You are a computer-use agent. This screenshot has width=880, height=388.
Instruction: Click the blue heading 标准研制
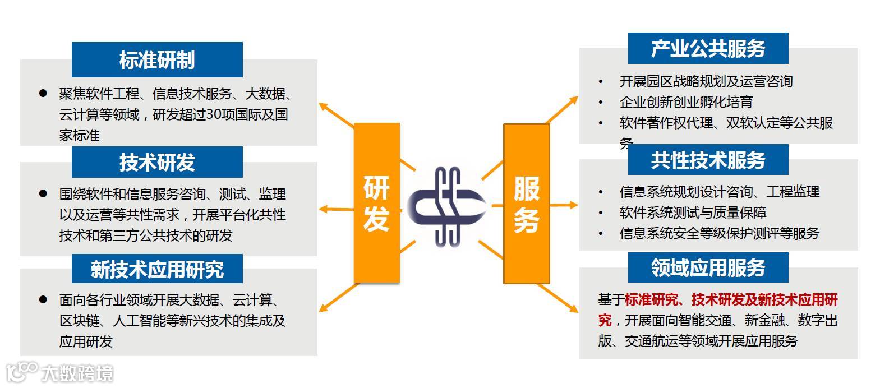coord(157,60)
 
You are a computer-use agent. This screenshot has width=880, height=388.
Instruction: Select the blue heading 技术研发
coord(157,163)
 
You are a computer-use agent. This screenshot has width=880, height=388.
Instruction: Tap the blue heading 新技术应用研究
coord(157,270)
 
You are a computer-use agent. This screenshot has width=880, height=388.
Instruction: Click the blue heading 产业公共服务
coord(708,49)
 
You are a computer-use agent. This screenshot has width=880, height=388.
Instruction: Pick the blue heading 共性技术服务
coord(708,160)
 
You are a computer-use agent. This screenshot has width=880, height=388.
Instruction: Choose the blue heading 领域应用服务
coord(708,267)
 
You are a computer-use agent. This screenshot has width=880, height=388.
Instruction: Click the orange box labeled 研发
coord(376,202)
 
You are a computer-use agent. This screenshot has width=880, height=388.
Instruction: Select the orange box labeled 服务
coord(526,203)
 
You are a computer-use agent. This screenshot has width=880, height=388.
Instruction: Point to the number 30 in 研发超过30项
coord(214,114)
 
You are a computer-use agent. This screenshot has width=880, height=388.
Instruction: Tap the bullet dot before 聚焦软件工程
coord(43,94)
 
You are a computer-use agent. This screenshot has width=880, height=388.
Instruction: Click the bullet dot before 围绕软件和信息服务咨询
coord(43,193)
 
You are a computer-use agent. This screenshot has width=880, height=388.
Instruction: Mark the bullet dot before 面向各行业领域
coord(43,300)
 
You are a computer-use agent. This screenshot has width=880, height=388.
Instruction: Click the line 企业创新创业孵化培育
coord(686,102)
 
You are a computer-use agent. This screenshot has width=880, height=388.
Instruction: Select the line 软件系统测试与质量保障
coord(693,213)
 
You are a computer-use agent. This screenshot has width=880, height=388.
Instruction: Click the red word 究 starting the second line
coord(605,320)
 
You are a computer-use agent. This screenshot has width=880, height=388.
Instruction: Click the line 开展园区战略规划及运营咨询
coord(706,81)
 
